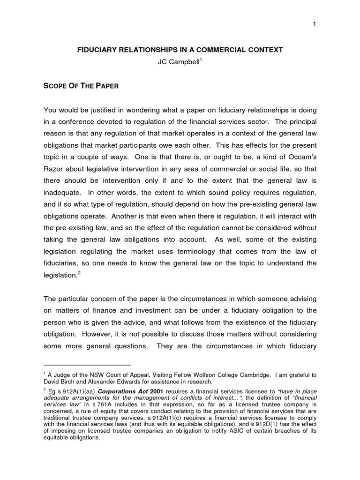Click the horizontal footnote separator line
[x=87, y=365]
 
